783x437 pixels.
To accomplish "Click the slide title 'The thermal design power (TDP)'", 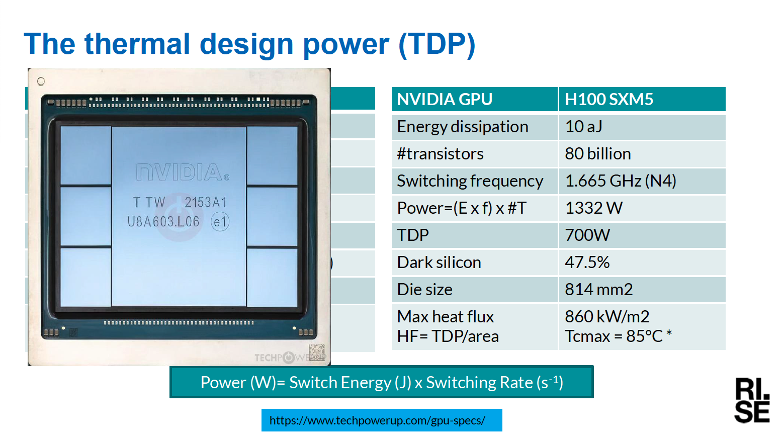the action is point(249,44).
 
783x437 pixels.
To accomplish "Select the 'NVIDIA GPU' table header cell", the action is point(474,99).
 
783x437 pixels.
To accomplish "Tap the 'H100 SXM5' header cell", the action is point(642,99).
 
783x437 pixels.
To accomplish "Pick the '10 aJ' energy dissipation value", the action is point(583,127).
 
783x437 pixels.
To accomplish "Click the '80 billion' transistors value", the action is point(598,154).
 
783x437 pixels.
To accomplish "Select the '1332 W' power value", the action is point(593,208).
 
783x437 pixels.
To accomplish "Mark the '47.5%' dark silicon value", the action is point(587,262).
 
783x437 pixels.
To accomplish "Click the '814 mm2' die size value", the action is point(599,290).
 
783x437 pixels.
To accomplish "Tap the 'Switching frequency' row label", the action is point(470,181).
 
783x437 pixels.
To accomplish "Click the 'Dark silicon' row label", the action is point(439,262).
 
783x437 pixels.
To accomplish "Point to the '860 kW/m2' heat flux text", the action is point(607,317).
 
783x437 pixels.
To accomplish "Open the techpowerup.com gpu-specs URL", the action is point(378,420).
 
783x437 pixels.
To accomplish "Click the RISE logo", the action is point(752,400).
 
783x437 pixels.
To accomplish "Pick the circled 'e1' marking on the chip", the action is point(220,222).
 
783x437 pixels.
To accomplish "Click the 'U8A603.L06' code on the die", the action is point(163,222).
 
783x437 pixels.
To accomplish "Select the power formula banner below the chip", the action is point(382,382).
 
